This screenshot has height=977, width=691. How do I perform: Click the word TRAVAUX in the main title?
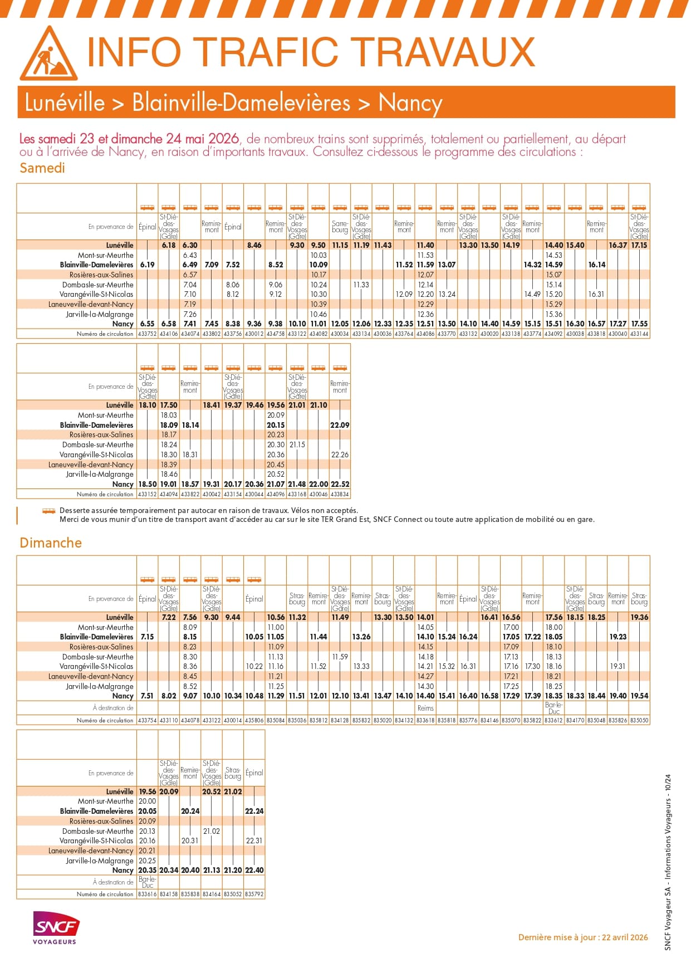coord(445,52)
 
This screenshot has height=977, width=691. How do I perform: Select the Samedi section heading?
coord(42,168)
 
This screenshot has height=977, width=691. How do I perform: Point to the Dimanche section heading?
coord(51,543)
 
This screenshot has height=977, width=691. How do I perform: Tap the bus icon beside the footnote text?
coord(49,511)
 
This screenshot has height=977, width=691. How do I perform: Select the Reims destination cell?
coord(425,708)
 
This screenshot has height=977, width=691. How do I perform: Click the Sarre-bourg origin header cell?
coord(340,227)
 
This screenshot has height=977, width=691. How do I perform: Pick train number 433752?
coord(147,334)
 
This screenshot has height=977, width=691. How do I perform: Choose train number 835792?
coord(254,894)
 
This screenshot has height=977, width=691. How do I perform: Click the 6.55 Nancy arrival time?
coord(147,324)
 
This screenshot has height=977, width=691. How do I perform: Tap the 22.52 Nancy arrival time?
coord(340,484)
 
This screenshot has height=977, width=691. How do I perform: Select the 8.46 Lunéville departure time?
coord(254,245)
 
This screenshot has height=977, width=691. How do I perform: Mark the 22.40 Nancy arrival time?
coord(254,870)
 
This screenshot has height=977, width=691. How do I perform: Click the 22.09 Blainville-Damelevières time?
coord(340,425)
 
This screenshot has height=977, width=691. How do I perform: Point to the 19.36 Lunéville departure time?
coord(639,617)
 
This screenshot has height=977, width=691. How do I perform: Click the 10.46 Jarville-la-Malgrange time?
coord(318,314)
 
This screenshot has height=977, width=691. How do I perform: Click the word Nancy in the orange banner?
coord(410,103)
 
